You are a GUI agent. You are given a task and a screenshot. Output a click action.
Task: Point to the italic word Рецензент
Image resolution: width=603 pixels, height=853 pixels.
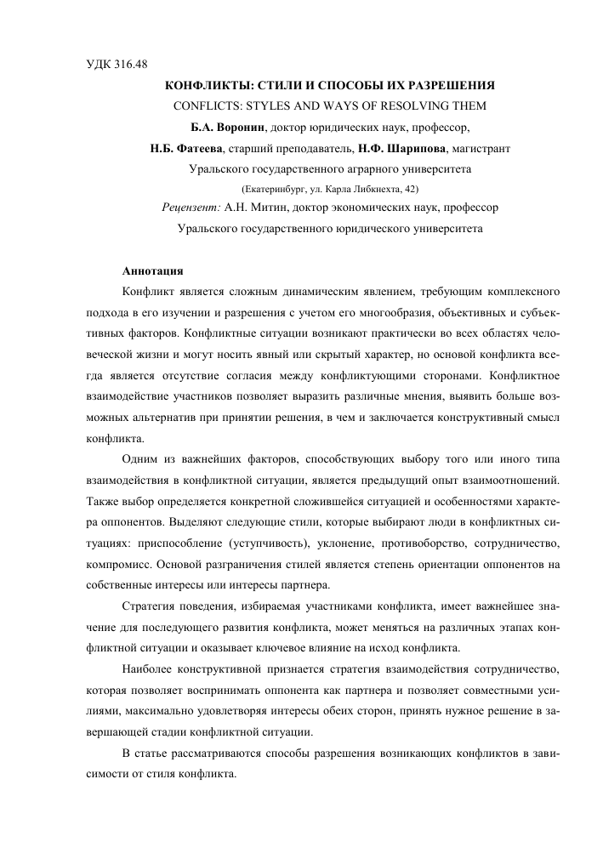[191, 208]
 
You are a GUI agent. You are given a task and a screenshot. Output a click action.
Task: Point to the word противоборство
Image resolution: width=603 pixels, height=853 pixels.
[445, 541]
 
